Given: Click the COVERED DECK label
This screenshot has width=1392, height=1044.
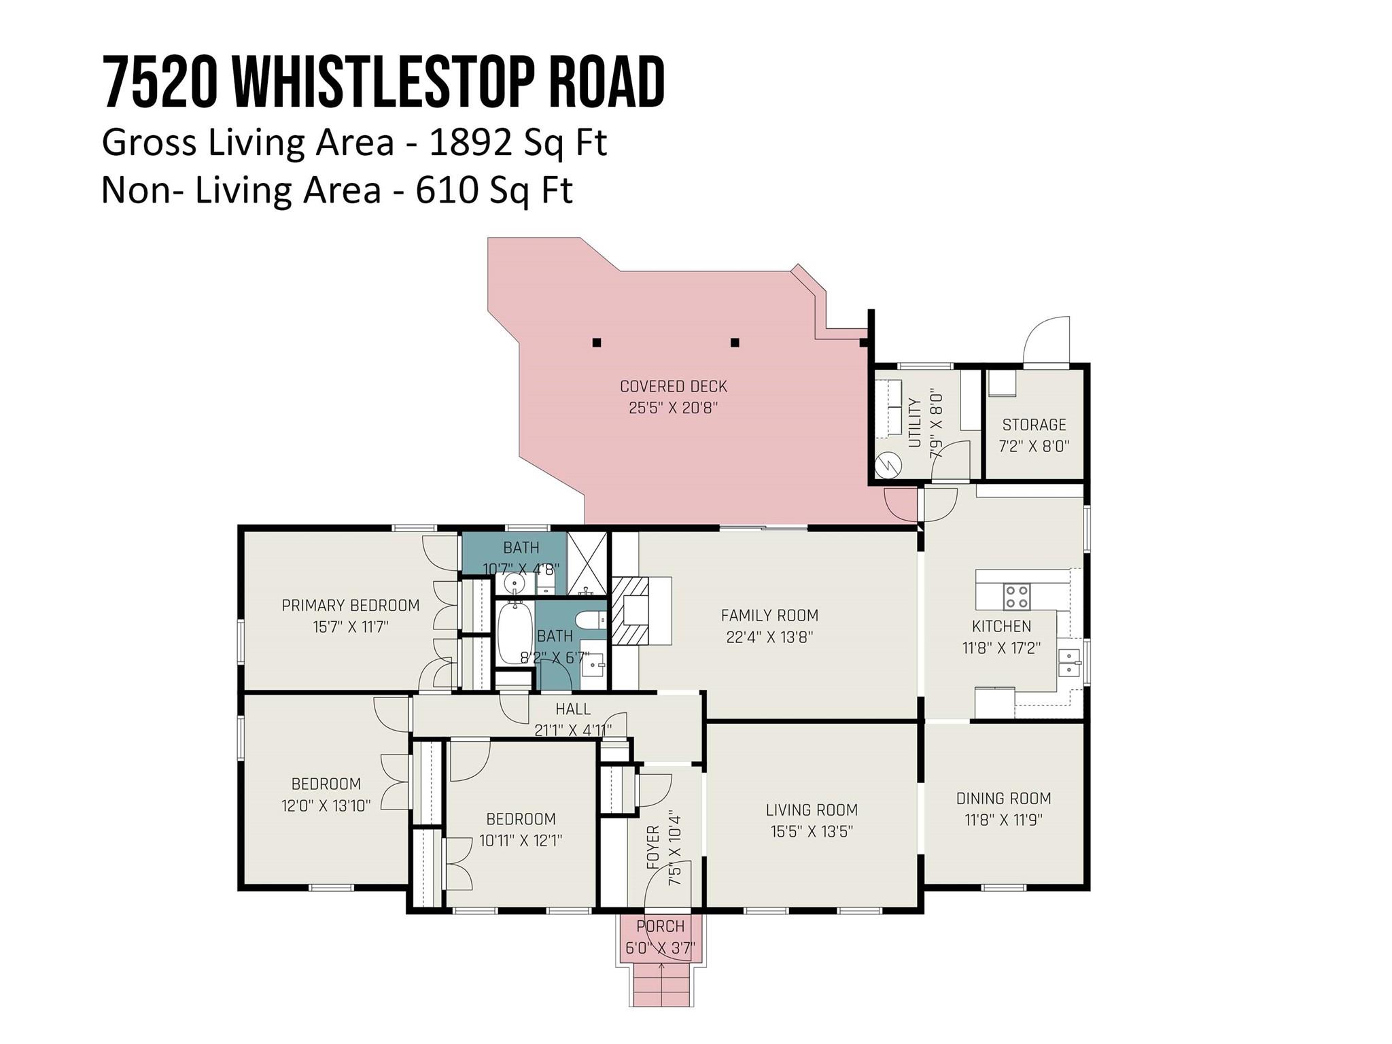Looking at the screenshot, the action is pos(674,386).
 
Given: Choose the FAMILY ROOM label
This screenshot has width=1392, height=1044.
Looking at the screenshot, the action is pos(769,615).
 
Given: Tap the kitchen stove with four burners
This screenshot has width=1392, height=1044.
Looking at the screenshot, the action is pos(1017,597).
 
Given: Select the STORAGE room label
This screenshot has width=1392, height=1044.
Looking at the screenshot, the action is pos(1034,425).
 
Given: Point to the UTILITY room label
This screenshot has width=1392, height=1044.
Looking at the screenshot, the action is pos(915,423).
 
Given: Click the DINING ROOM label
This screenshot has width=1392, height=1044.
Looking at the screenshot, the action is pos(1003,798).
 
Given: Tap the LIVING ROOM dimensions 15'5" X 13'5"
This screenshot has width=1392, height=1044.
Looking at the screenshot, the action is pos(812,831).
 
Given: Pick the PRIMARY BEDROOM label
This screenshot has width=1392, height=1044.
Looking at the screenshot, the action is pos(351,605).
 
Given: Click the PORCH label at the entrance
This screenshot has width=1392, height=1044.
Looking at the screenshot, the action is pos(661,926).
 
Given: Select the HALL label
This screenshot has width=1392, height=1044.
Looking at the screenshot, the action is pos(573,709).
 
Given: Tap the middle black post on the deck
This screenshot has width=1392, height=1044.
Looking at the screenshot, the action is pos(735,343).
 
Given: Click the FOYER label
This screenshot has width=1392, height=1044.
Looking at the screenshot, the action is pos(652,847).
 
